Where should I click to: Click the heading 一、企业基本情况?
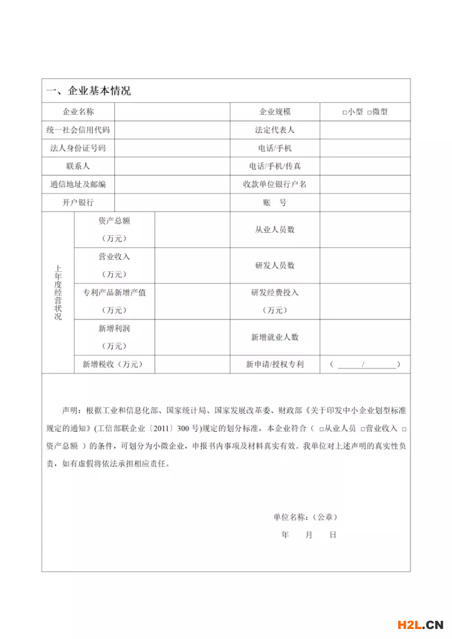[x=88, y=91]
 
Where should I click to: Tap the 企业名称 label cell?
[x=78, y=112]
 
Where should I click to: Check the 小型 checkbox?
[x=345, y=112]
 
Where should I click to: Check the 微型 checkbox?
[x=369, y=112]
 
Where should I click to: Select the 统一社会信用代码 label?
[x=78, y=130]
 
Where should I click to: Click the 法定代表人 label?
[x=274, y=130]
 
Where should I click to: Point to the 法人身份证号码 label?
[x=78, y=148]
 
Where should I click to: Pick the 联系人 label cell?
[x=78, y=166]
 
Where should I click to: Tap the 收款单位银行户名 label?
[x=274, y=185]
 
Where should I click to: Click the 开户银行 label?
[x=78, y=203]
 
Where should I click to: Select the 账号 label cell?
[x=274, y=203]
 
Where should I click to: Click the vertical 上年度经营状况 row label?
[x=58, y=293]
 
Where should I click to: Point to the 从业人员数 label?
[x=274, y=230]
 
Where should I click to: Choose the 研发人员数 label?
[x=274, y=266]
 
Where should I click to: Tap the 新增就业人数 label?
[x=274, y=337]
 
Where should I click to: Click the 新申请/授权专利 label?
[x=274, y=364]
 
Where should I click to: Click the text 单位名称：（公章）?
[x=305, y=517]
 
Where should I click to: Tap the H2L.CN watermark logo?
[x=420, y=624]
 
